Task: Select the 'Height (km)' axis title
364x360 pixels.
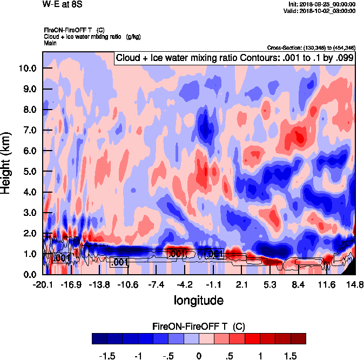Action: click(x=7, y=163)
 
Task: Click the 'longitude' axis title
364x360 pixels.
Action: click(x=198, y=299)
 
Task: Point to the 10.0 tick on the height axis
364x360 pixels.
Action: click(x=27, y=69)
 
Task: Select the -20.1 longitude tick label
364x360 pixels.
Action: click(x=42, y=284)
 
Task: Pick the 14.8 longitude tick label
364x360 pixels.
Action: click(x=354, y=284)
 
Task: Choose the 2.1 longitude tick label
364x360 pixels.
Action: click(x=242, y=284)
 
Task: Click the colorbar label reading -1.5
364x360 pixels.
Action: click(x=109, y=356)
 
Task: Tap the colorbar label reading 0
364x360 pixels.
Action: click(x=199, y=356)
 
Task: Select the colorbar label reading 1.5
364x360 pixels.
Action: click(x=290, y=356)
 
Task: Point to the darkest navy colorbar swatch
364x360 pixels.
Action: click(x=99, y=339)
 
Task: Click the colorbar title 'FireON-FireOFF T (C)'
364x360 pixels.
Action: click(x=199, y=326)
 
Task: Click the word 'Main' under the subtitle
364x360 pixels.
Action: click(x=51, y=42)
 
